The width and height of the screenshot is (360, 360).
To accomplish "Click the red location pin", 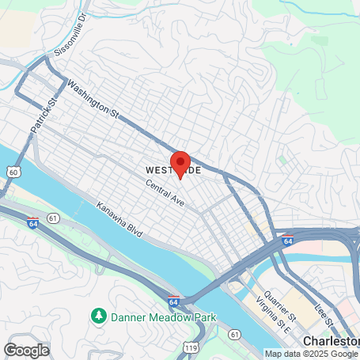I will tap(180, 162).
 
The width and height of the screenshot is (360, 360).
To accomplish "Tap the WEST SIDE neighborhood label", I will tap(172, 170).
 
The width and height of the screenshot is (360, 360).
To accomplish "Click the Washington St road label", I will tap(93, 100).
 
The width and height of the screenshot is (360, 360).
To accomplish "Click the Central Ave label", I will tap(165, 194).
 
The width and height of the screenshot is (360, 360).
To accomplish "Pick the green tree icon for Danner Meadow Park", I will tap(99, 316).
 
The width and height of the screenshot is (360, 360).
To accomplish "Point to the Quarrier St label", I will tap(281, 305).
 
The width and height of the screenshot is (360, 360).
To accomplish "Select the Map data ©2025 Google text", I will tap(312, 354).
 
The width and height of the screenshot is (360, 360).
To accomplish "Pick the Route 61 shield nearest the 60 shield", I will tap(53, 217).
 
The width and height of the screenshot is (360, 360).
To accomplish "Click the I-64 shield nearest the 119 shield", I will tap(173, 301).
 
